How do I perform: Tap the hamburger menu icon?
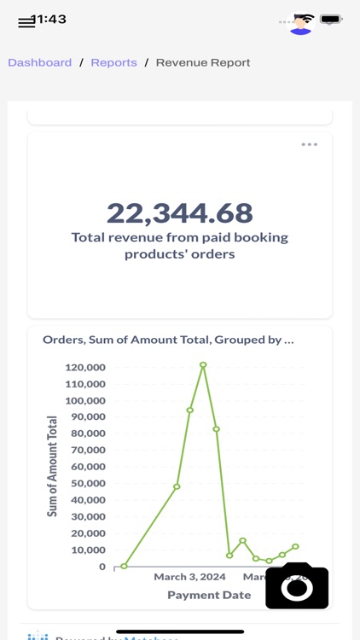click(x=26, y=22)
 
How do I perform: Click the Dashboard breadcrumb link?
click(x=40, y=62)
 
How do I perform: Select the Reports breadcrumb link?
click(x=113, y=62)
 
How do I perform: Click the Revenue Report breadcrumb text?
click(x=203, y=62)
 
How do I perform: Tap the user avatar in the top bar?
click(x=300, y=22)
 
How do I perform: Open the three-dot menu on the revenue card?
click(x=309, y=144)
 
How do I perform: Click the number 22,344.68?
click(x=180, y=212)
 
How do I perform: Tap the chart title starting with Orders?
click(x=168, y=340)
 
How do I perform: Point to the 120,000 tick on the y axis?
click(x=85, y=368)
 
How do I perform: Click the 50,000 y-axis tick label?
click(x=85, y=483)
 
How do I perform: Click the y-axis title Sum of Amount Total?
click(x=52, y=466)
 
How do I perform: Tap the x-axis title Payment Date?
click(x=209, y=595)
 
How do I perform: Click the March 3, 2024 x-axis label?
click(x=189, y=577)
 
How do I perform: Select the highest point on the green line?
click(x=203, y=364)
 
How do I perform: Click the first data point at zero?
click(x=125, y=566)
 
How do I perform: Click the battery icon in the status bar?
click(x=331, y=19)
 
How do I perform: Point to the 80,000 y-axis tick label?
click(x=85, y=433)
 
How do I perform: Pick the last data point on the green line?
click(x=295, y=546)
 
